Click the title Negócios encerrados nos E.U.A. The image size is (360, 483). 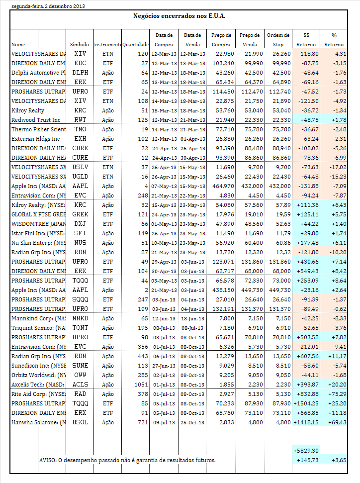180,16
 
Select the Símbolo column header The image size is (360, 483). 80,45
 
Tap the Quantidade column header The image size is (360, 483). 135,45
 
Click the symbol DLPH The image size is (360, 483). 80,72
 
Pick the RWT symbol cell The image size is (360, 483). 80,120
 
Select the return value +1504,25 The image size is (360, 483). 305,403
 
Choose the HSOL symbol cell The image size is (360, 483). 80,422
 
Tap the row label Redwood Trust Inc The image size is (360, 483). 35,120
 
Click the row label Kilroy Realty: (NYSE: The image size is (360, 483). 38,205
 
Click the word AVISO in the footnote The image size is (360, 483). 47,460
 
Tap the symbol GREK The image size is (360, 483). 80,214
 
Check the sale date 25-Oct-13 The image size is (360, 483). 192,422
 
